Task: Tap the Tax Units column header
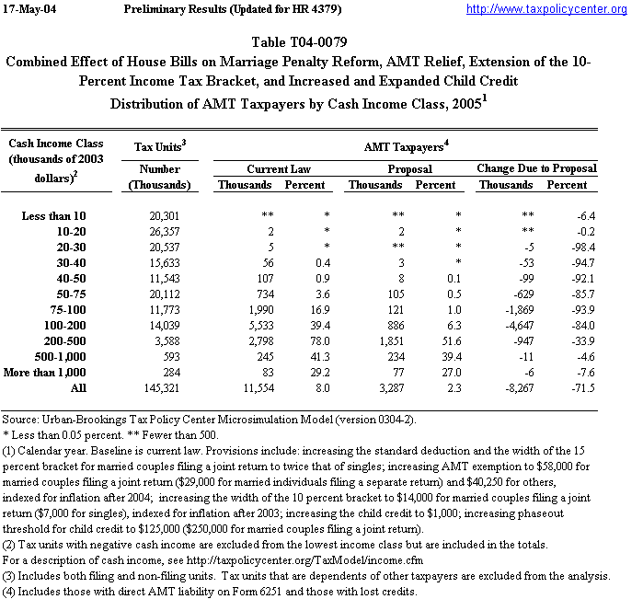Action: (x=161, y=145)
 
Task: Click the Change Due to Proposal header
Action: (x=536, y=168)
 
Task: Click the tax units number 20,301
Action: (x=173, y=214)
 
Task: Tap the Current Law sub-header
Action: (x=274, y=168)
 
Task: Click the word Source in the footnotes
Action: (x=20, y=419)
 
